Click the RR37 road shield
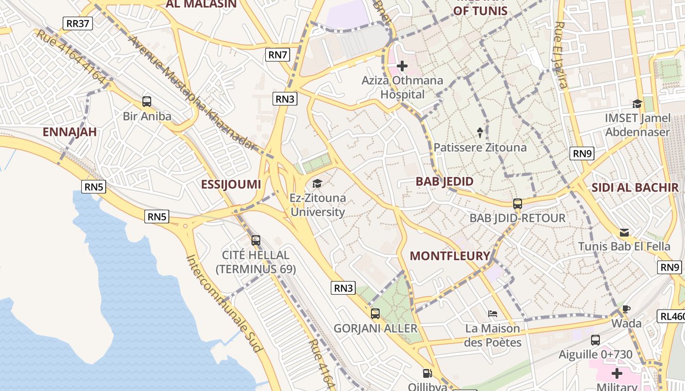(x=78, y=23)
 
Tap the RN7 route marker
(x=277, y=55)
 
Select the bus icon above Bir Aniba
(x=147, y=102)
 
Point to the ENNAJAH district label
(x=69, y=132)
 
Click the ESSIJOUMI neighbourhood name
(x=231, y=184)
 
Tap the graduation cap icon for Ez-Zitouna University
(x=318, y=184)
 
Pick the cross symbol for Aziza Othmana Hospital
(x=402, y=66)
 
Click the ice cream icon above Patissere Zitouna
(x=480, y=132)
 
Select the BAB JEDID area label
(x=444, y=181)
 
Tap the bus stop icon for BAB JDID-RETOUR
(x=518, y=204)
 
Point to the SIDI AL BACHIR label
(x=635, y=187)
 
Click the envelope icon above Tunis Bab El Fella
(x=624, y=232)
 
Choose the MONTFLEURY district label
(x=450, y=256)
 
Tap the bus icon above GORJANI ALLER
(x=375, y=314)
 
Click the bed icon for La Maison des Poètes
(x=493, y=313)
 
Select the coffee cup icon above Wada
(x=626, y=309)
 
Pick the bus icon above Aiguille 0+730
(x=595, y=340)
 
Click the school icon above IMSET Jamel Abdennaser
(x=637, y=104)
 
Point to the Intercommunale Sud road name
(x=225, y=303)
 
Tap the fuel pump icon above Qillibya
(x=428, y=374)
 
